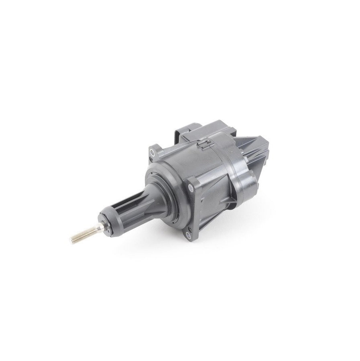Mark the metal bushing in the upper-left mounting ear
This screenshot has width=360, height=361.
click(153, 152)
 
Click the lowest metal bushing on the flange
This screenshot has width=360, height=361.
click(188, 235)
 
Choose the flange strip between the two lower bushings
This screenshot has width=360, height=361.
click(189, 211)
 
